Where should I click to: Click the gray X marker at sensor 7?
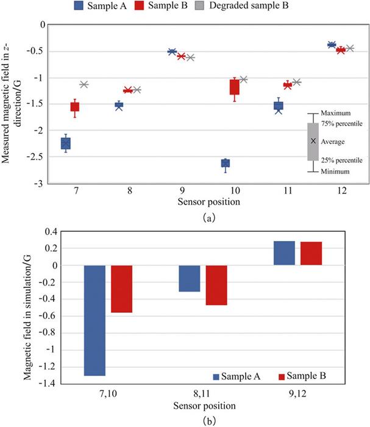(84, 84)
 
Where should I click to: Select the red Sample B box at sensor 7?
(75, 107)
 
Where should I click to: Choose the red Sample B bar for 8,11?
(216, 285)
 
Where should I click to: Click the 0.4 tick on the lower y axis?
(51, 232)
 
